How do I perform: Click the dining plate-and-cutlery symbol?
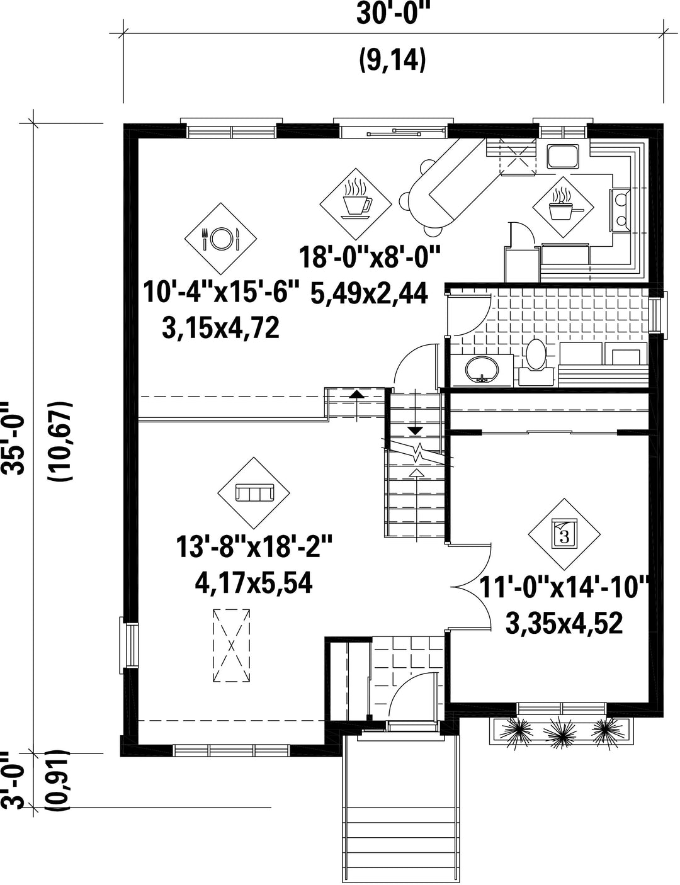(x=221, y=239)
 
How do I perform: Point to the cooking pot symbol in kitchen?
(x=564, y=207)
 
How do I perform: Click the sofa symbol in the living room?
(x=254, y=493)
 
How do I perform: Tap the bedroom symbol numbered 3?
(x=564, y=534)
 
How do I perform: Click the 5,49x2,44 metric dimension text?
(x=369, y=294)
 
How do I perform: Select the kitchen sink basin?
(x=563, y=156)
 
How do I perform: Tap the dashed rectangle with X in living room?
(x=231, y=645)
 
